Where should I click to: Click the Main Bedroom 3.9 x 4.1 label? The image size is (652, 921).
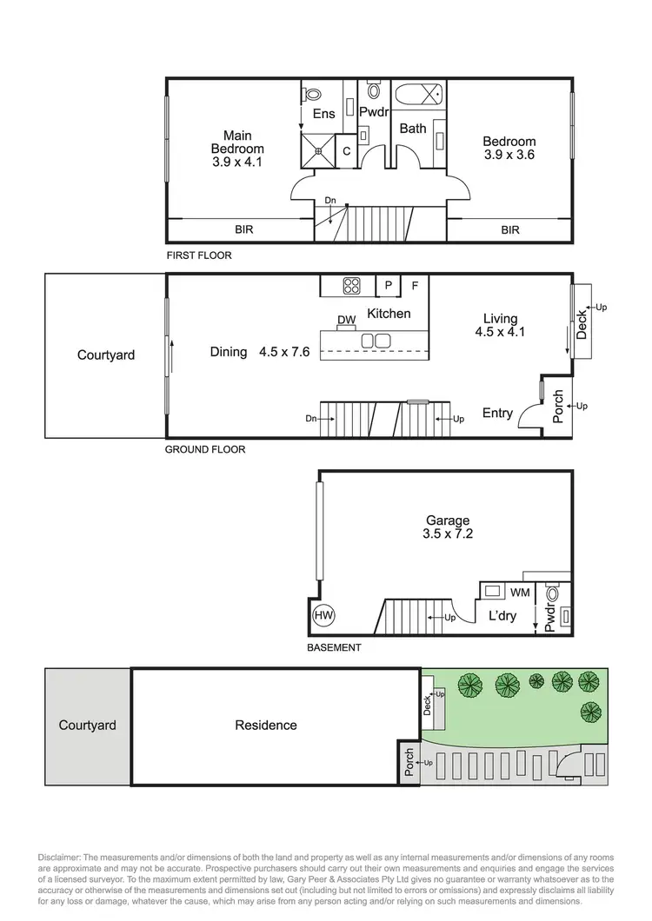click(237, 149)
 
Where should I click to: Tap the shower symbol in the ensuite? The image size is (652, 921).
click(318, 149)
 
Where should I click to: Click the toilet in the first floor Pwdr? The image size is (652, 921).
click(374, 89)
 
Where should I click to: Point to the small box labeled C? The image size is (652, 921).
click(346, 150)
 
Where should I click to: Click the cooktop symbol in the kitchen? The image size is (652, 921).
click(353, 284)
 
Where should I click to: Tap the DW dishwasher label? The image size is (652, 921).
click(347, 320)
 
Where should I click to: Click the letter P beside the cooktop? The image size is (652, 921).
click(388, 285)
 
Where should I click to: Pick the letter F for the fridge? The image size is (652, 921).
click(415, 285)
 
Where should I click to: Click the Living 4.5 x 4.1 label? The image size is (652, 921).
click(500, 325)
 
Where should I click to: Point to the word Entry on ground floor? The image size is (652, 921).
click(497, 414)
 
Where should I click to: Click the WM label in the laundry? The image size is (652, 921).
click(520, 593)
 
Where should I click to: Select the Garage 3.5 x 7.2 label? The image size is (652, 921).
click(448, 527)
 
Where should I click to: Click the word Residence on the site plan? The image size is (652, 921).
click(266, 725)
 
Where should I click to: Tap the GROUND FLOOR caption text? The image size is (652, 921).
click(205, 450)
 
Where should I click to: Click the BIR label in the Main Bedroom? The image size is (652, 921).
click(244, 230)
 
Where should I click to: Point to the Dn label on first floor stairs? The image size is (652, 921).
click(330, 201)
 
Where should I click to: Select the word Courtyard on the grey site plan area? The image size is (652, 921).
click(87, 725)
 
